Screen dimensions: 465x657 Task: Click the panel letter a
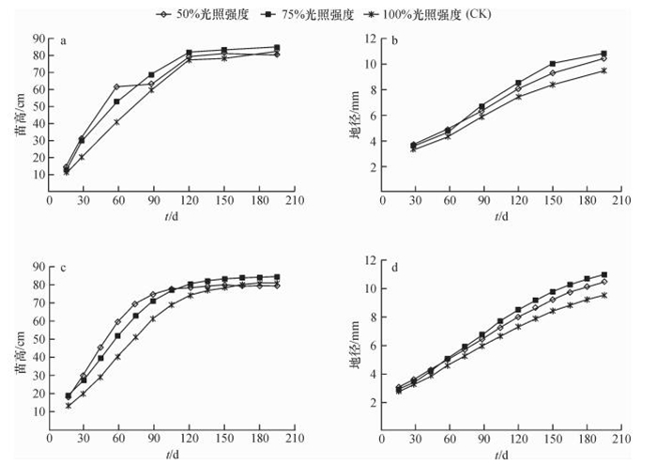63,40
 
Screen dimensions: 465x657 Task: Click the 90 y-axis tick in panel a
37,39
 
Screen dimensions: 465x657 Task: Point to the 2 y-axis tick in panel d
373,402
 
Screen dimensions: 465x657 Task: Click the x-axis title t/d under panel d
501,453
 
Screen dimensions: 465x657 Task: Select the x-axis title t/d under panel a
169,216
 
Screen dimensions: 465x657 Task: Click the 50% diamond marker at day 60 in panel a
116,87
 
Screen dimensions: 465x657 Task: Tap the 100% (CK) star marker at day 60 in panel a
116,122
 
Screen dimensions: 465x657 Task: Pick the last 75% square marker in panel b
604,54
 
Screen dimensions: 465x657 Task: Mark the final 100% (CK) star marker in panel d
604,295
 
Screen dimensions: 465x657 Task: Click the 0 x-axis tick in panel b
382,201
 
